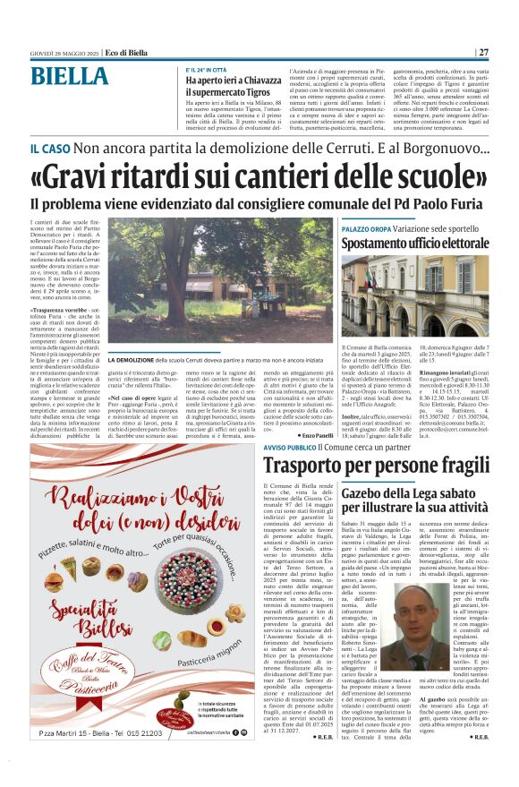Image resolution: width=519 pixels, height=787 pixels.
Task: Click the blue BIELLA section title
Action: click(x=69, y=77)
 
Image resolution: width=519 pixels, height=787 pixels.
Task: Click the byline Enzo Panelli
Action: click(x=312, y=433)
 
